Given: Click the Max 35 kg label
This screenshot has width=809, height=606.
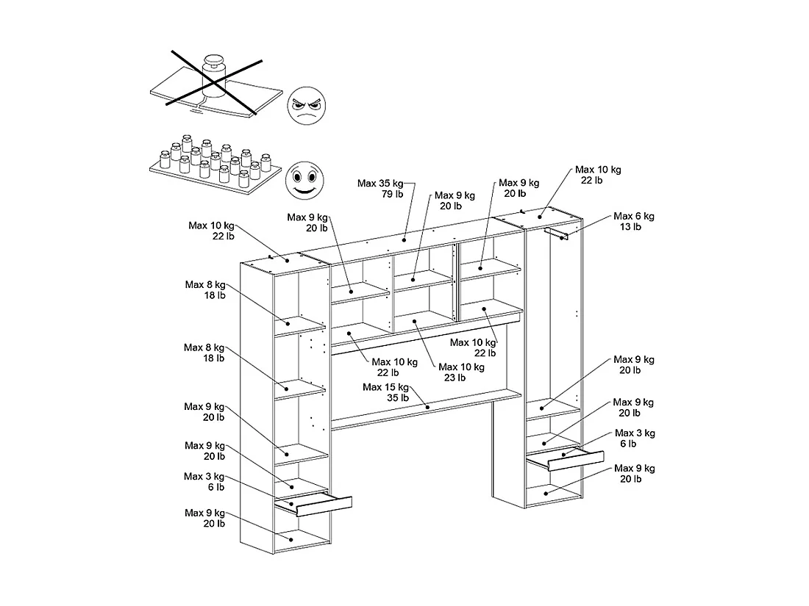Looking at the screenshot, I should [x=380, y=183].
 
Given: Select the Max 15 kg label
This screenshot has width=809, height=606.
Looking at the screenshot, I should [x=385, y=387].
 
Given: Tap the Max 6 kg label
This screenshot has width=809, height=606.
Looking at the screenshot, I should [x=634, y=216].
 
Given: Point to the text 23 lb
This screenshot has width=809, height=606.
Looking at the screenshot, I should [x=454, y=378].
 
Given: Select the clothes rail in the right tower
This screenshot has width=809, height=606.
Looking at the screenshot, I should [x=557, y=233].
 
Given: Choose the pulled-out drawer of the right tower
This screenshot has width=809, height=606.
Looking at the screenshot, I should [x=566, y=460].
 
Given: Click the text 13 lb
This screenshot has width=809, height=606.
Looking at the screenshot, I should [x=630, y=227].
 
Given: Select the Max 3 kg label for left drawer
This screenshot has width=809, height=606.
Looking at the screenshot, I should [x=204, y=477].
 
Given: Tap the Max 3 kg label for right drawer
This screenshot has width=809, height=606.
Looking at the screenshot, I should [x=635, y=433].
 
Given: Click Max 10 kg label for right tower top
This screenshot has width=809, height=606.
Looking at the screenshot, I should [x=598, y=170].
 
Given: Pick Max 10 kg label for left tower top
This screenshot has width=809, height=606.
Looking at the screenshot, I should [x=211, y=226].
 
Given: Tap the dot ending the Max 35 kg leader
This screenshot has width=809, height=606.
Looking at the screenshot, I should [x=404, y=239].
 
